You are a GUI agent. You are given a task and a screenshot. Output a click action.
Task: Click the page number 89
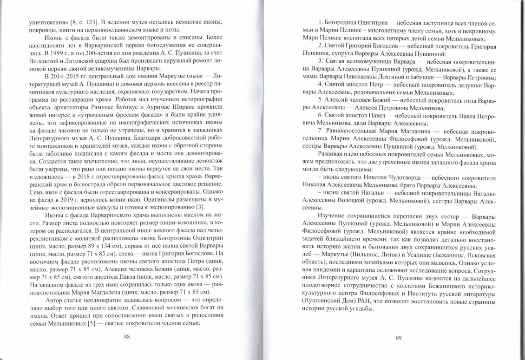[398, 338]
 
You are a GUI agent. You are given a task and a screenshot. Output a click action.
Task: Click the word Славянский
[144, 308]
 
